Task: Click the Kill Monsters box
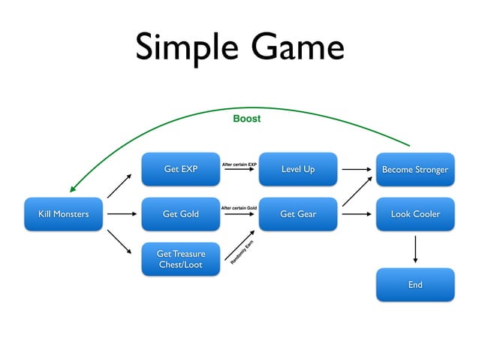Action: coord(63,214)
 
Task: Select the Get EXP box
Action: coord(180,169)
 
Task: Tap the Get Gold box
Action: coord(180,214)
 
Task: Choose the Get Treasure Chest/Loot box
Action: coord(180,259)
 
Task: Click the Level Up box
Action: coord(298,169)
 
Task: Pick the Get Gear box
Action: coord(298,214)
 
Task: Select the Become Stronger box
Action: coord(415,169)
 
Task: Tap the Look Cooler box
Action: coord(415,214)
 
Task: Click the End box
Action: coord(415,285)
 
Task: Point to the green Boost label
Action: coord(246,119)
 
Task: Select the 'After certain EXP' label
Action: coord(239,163)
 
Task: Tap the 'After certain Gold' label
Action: coord(239,207)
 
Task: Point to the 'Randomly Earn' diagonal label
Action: coord(242,253)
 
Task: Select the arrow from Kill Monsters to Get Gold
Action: coord(122,214)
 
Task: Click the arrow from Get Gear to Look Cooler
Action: coord(357,214)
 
